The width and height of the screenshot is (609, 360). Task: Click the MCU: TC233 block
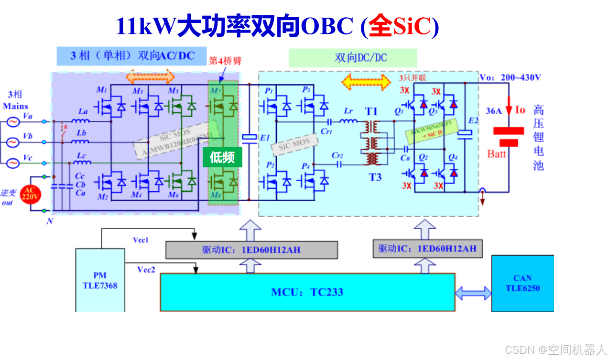[x=307, y=292]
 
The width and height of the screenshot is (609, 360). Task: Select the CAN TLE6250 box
[x=522, y=283]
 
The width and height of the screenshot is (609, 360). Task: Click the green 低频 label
[x=222, y=157]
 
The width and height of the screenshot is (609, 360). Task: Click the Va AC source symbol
[x=12, y=122]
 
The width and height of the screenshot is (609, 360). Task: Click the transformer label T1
[x=371, y=111]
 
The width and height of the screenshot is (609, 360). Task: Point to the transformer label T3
[x=375, y=177]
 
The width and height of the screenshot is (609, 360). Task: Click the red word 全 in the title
[x=381, y=27]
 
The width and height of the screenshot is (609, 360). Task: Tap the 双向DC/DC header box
[x=353, y=58]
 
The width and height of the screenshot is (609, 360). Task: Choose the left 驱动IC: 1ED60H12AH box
[x=251, y=250]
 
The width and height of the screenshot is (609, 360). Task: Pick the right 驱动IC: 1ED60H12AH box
[x=427, y=249]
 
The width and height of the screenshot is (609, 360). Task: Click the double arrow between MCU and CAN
[x=473, y=293]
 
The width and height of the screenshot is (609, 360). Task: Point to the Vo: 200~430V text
[x=511, y=77]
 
